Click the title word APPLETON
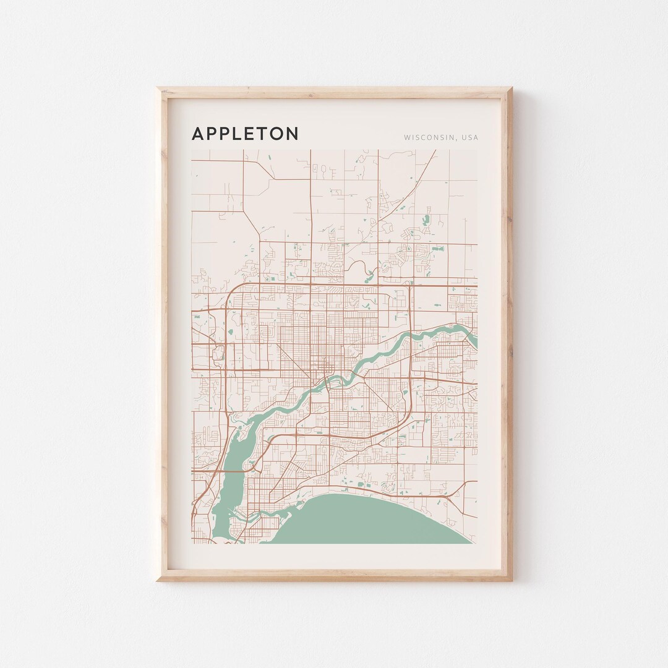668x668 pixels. pos(245,134)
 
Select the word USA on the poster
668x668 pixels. pos(469,137)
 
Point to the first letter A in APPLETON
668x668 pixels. pos(198,134)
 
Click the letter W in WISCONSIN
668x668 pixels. pos(407,137)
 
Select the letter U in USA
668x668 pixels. pos(463,137)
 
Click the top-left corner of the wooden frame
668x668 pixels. pos(158,88)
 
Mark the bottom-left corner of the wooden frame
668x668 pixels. pos(158,580)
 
